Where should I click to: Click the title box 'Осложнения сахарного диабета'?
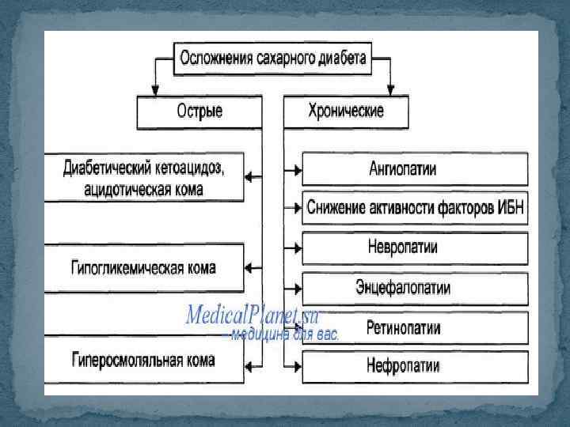coord(272,59)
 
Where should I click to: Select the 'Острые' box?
coord(199,111)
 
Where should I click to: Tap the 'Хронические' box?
coord(345,111)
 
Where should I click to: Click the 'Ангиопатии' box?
coord(414,168)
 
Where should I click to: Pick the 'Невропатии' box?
coord(414,247)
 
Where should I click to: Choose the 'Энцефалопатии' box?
coord(414,287)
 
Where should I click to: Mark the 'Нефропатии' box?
coord(414,365)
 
